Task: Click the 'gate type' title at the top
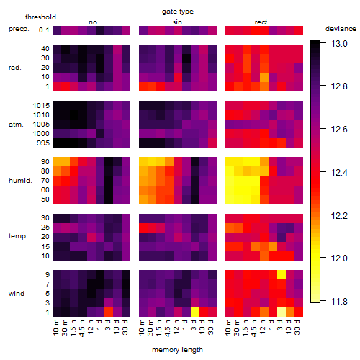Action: [178, 12]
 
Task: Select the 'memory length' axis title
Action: [177, 350]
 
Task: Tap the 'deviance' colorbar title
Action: [341, 29]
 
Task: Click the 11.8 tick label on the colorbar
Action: [339, 301]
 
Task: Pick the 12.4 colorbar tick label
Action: [339, 172]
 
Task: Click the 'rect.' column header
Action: [261, 22]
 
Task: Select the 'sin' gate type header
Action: [177, 22]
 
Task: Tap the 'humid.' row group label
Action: [20, 181]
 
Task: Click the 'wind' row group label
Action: [17, 294]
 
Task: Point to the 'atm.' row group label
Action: [16, 125]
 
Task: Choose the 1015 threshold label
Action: [41, 106]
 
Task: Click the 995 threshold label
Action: [43, 143]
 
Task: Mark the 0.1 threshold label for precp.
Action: [44, 30]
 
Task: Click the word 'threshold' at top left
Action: [40, 17]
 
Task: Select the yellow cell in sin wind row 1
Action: [195, 312]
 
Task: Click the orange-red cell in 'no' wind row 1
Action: [109, 312]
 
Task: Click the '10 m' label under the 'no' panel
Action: [56, 328]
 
